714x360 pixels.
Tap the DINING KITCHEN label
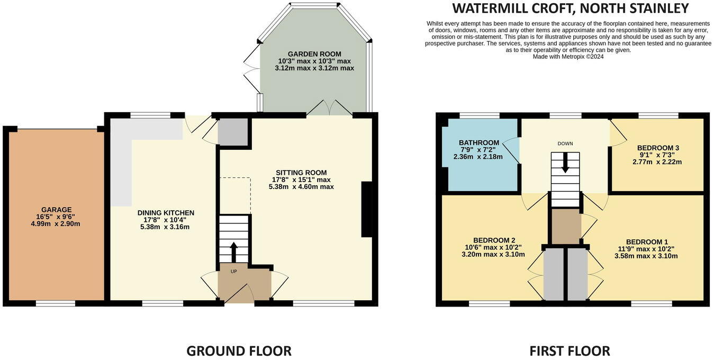click(x=166, y=213)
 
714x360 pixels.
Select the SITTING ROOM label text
click(x=301, y=173)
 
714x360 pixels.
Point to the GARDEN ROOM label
click(x=314, y=54)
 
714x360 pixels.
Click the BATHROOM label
click(x=479, y=142)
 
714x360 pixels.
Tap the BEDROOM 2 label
click(x=494, y=240)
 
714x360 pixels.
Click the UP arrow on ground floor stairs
click(x=233, y=252)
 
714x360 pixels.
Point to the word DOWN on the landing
click(x=565, y=143)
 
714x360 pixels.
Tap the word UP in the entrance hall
click(x=233, y=272)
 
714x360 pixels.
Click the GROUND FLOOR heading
click(x=239, y=351)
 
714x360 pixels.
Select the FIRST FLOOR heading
click(x=570, y=351)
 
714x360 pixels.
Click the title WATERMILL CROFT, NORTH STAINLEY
click(x=570, y=8)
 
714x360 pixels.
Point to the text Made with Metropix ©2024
click(x=568, y=57)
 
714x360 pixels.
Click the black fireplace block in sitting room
click(x=367, y=210)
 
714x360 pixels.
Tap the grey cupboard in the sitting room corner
click(x=233, y=132)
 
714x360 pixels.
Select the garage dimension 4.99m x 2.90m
click(x=56, y=224)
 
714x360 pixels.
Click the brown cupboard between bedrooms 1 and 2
click(x=566, y=227)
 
